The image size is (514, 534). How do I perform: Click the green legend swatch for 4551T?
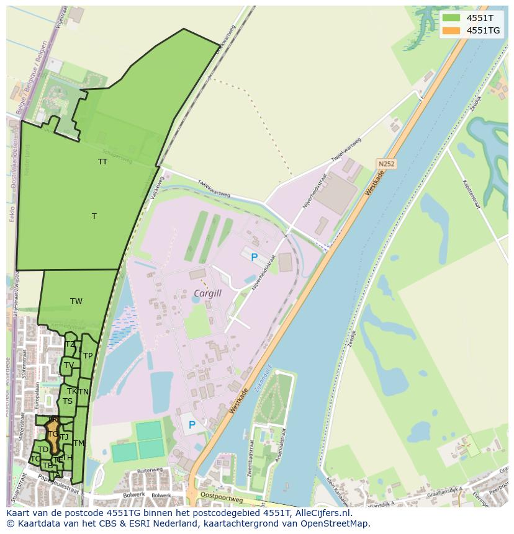(x=451, y=18)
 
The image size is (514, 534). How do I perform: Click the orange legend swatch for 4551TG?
(x=451, y=30)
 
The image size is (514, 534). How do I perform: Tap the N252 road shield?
(x=385, y=164)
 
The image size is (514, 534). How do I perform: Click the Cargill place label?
(x=207, y=293)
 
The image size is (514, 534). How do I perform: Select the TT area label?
(x=102, y=162)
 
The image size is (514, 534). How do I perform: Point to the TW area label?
(x=76, y=301)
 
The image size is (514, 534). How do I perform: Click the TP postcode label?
(x=88, y=356)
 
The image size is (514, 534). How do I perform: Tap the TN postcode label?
(x=83, y=392)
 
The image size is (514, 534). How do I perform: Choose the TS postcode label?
(x=68, y=401)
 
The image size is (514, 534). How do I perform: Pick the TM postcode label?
(x=78, y=443)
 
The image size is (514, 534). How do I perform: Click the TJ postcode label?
(x=65, y=437)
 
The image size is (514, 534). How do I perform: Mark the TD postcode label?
(x=43, y=450)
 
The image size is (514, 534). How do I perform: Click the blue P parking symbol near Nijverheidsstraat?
(x=253, y=257)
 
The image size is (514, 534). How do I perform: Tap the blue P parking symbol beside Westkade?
(x=192, y=425)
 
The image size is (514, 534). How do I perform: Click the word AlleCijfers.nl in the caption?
(x=323, y=513)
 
